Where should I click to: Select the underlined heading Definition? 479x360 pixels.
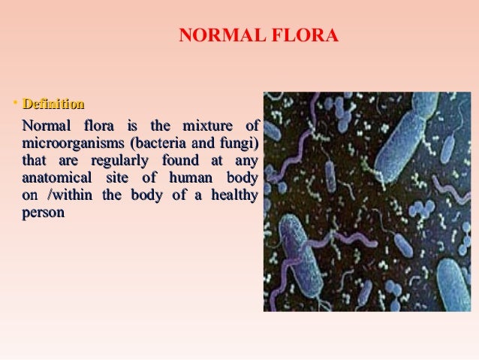coord(53,104)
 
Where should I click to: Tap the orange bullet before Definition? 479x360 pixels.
coord(15,103)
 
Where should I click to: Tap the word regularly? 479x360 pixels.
coord(119,160)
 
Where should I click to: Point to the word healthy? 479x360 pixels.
coord(234,195)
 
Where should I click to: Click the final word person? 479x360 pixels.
coord(44,213)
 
